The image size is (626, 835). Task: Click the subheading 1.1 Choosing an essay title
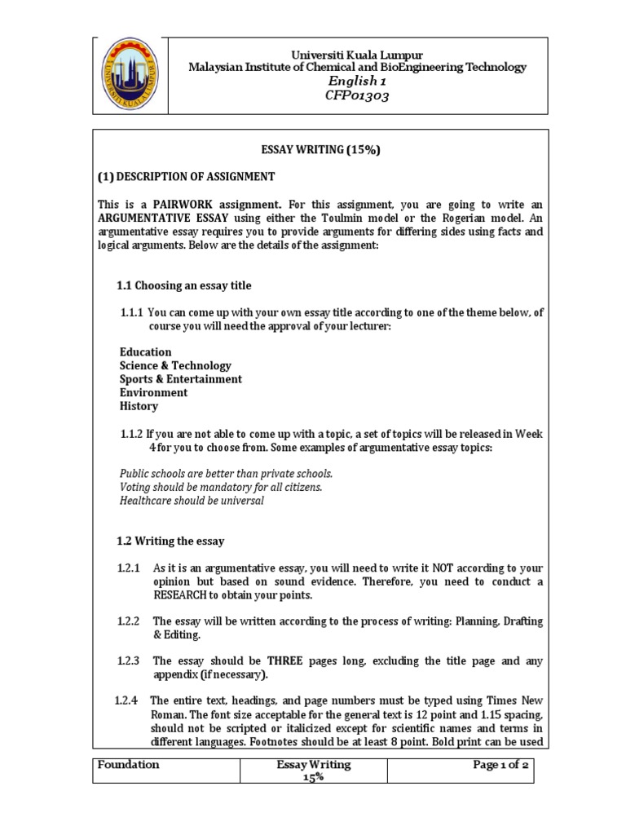point(184,285)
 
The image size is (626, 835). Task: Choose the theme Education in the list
point(145,352)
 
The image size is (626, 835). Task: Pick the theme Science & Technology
point(175,365)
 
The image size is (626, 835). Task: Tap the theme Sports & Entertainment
point(180,379)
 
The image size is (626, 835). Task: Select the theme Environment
point(153,392)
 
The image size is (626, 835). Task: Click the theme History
point(139,406)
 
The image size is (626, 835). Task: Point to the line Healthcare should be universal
point(192,500)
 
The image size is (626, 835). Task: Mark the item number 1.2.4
point(126,701)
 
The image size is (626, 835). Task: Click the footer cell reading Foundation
point(128,765)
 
